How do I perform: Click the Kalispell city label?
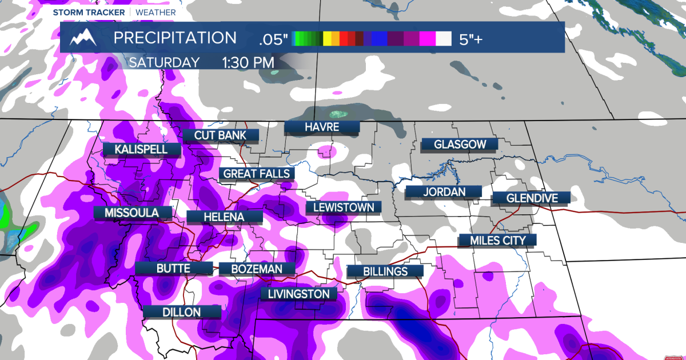click(141, 149)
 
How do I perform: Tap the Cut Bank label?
click(220, 135)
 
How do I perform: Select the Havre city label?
click(322, 127)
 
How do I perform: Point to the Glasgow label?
click(459, 145)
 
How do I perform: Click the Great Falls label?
click(257, 174)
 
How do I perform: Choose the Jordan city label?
click(444, 192)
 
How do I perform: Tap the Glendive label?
click(532, 198)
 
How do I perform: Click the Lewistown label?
click(344, 207)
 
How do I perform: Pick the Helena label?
click(225, 217)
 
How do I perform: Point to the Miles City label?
click(497, 240)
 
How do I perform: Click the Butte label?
click(173, 269)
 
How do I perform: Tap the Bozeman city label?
click(263, 269)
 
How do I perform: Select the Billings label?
click(385, 271)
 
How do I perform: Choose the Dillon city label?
click(181, 312)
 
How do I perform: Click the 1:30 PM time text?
click(248, 62)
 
